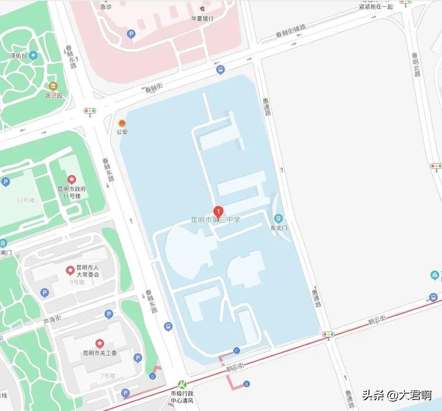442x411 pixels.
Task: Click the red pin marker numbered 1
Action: pyautogui.click(x=218, y=211)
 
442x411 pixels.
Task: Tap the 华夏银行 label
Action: pyautogui.click(x=202, y=19)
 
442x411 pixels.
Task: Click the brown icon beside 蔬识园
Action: pyautogui.click(x=53, y=86)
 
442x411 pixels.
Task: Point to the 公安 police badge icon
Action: pyautogui.click(x=122, y=123)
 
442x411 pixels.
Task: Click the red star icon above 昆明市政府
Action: pyautogui.click(x=72, y=179)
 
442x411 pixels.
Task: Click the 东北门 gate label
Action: pyautogui.click(x=279, y=228)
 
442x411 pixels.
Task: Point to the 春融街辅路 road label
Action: pyautogui.click(x=290, y=31)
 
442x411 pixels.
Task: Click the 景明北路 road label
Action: pyautogui.click(x=417, y=64)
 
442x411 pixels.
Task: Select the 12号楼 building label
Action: pyautogui.click(x=26, y=200)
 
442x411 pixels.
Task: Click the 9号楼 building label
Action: pyautogui.click(x=77, y=282)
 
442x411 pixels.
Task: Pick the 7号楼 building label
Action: pyautogui.click(x=108, y=376)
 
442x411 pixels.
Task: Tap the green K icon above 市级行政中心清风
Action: pyautogui.click(x=182, y=384)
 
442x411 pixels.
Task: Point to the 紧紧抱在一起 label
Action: pyautogui.click(x=376, y=6)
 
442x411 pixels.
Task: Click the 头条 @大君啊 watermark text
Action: pyautogui.click(x=397, y=395)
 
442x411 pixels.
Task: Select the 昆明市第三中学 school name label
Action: pyautogui.click(x=216, y=220)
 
